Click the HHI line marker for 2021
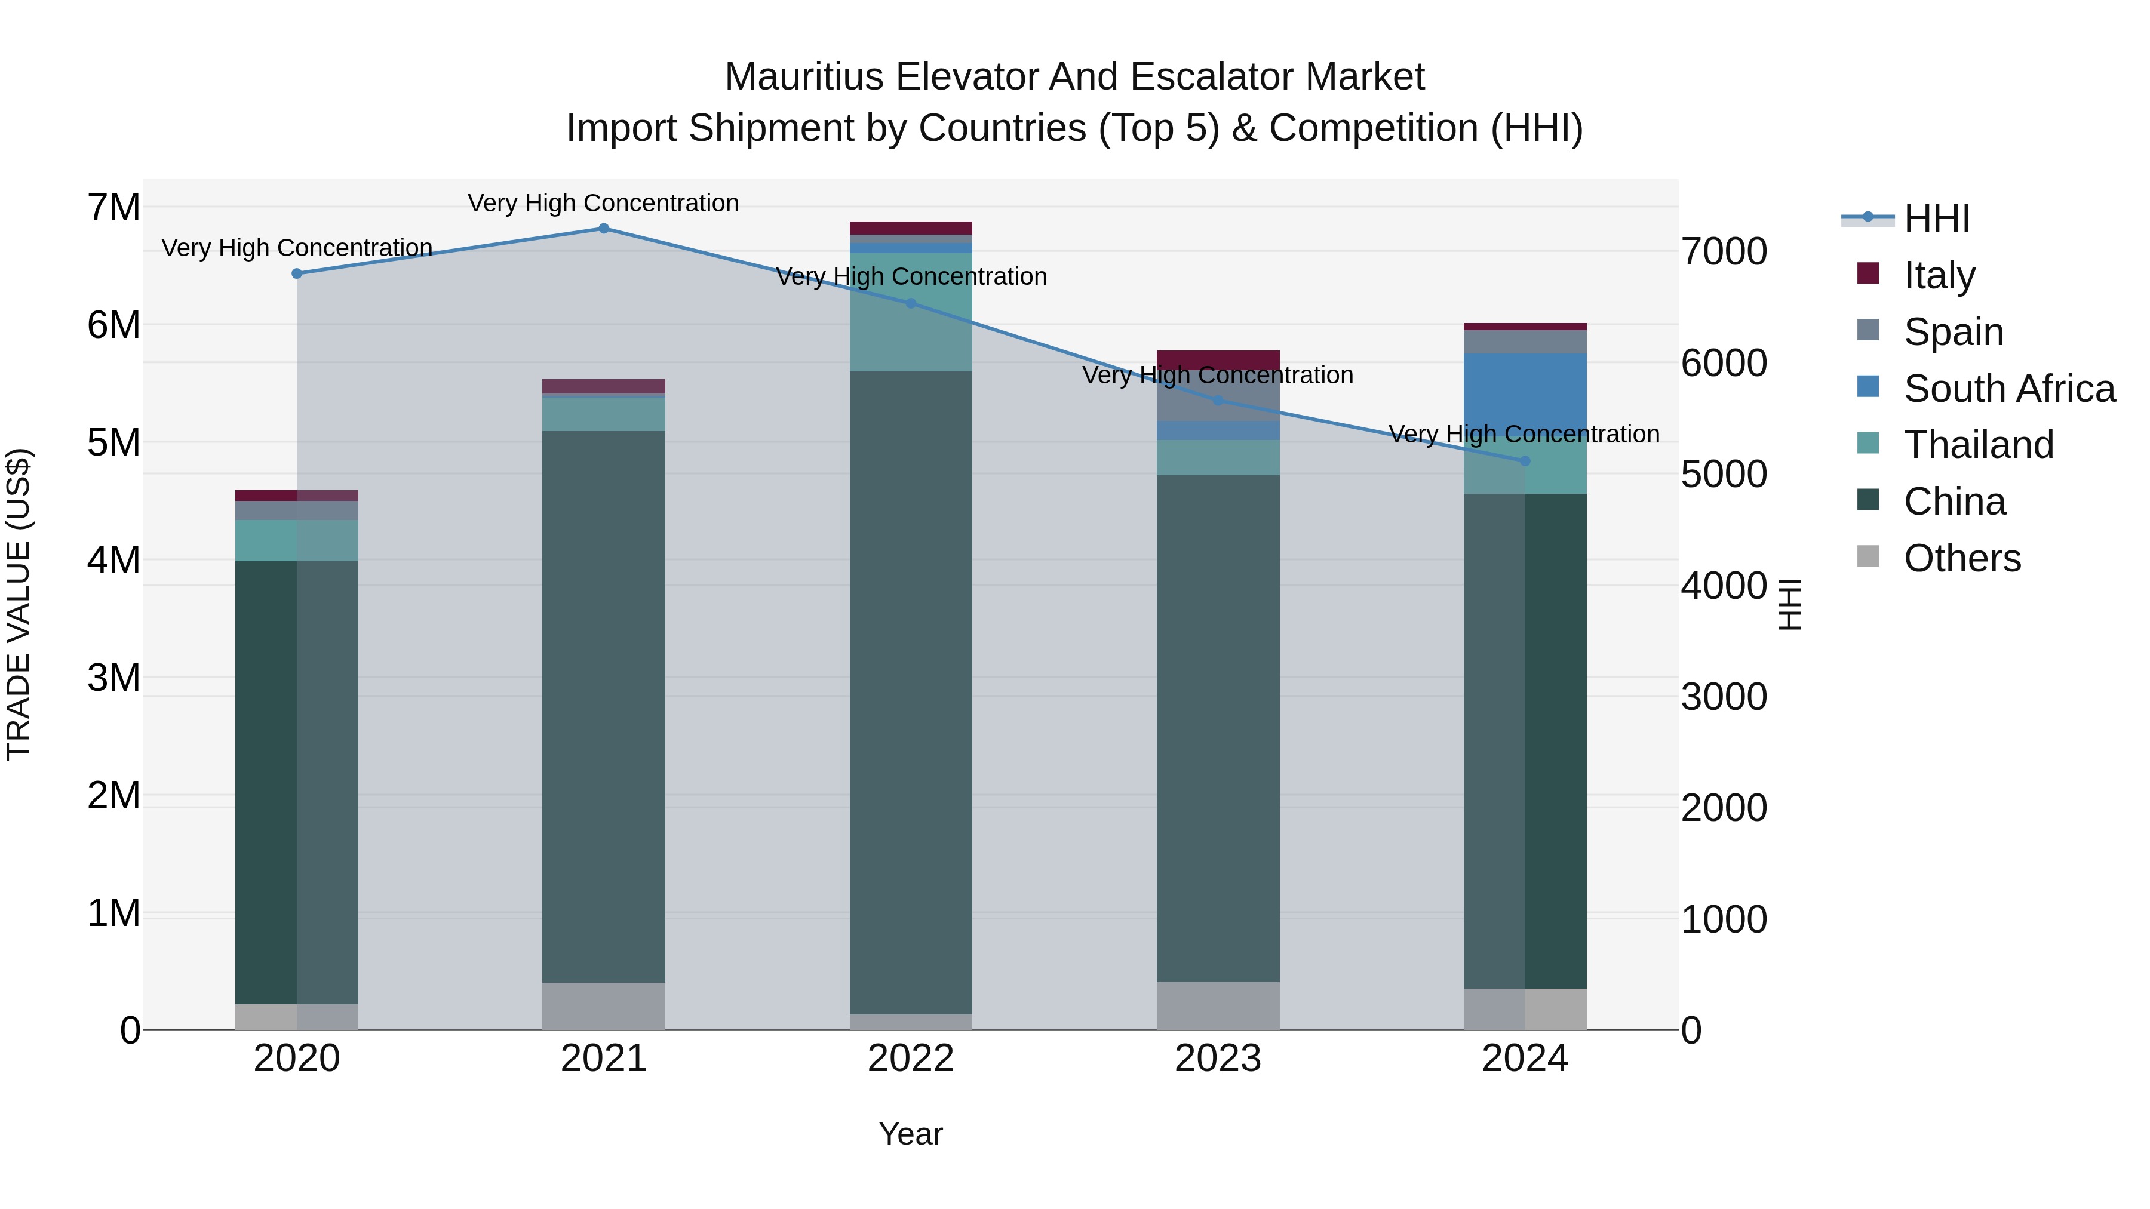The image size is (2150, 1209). [603, 228]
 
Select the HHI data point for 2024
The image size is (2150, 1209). [1525, 460]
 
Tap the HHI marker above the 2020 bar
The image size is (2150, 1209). [297, 273]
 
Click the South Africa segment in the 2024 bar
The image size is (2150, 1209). [1525, 392]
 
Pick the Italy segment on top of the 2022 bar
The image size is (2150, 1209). [911, 228]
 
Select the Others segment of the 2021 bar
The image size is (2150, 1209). [603, 1005]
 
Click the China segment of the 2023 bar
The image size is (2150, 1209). [1218, 726]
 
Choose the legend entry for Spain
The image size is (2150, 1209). [1953, 331]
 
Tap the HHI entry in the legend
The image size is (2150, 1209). [1936, 219]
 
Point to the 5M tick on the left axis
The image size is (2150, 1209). [113, 442]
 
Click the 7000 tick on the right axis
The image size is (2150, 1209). [1724, 251]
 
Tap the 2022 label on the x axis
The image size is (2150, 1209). [911, 1058]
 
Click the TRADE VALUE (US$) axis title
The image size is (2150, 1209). [19, 604]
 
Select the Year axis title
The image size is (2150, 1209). [911, 1134]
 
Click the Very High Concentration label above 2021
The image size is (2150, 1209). [603, 203]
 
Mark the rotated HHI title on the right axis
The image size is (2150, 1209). [1789, 604]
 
